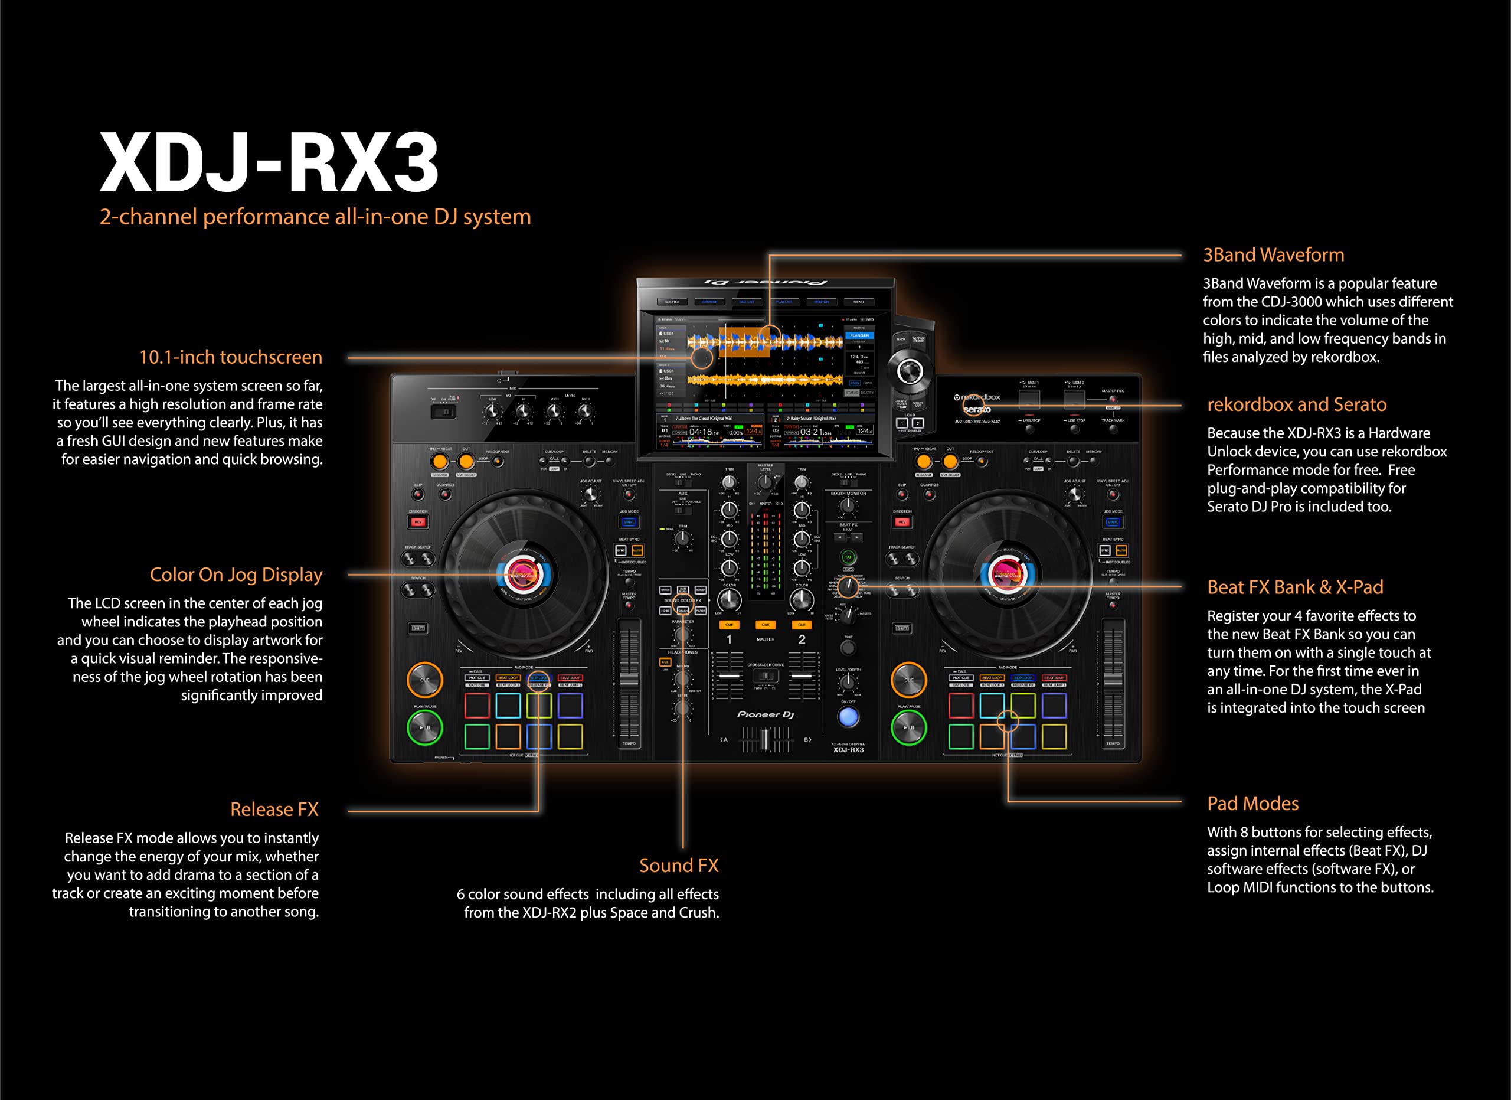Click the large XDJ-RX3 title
coord(269,161)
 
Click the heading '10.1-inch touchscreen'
coord(231,357)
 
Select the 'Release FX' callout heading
coord(274,809)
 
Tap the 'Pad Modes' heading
coord(1252,803)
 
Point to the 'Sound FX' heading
coord(678,865)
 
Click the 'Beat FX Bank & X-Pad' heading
coord(1294,587)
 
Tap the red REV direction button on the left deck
coord(418,522)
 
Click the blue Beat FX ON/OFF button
coord(848,717)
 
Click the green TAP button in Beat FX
coord(848,557)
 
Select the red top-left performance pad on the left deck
coord(477,706)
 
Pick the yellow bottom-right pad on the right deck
coord(1054,737)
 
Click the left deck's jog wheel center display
coord(523,574)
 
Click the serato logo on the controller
coord(977,409)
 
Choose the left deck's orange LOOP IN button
coord(440,461)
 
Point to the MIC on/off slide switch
coord(444,412)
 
